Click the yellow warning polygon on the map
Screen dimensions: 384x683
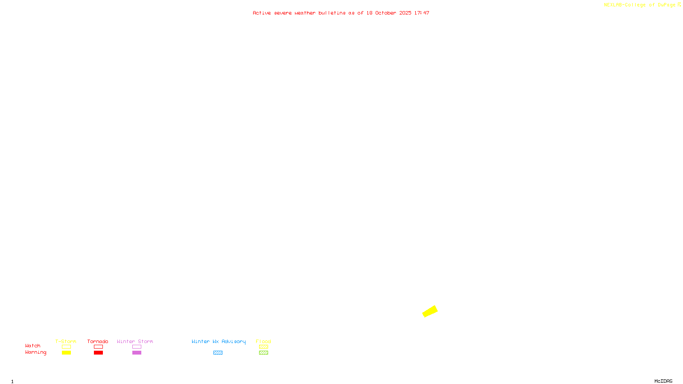pyautogui.click(x=430, y=311)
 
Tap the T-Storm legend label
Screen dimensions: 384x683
pyautogui.click(x=66, y=341)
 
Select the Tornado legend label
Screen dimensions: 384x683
pyautogui.click(x=98, y=341)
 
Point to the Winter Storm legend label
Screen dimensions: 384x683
pyautogui.click(x=135, y=341)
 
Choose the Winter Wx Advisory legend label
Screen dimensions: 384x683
pyautogui.click(x=219, y=341)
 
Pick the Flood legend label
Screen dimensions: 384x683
pyautogui.click(x=263, y=341)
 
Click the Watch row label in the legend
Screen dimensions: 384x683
pyautogui.click(x=33, y=346)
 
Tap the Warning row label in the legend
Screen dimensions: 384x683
pyautogui.click(x=35, y=352)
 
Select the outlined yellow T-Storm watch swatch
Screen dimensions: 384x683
pyautogui.click(x=66, y=347)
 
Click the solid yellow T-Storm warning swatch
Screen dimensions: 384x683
pyautogui.click(x=66, y=353)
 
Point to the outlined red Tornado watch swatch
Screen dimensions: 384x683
pyautogui.click(x=98, y=347)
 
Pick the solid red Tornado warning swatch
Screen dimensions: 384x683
pyautogui.click(x=98, y=353)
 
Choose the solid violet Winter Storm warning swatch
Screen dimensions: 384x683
pyautogui.click(x=137, y=353)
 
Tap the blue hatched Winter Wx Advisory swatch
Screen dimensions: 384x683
pyautogui.click(x=218, y=353)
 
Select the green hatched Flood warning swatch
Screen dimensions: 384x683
pyautogui.click(x=263, y=353)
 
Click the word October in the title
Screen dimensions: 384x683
pyautogui.click(x=386, y=13)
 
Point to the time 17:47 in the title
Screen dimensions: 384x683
pyautogui.click(x=422, y=13)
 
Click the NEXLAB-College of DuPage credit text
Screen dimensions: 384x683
pyautogui.click(x=640, y=5)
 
